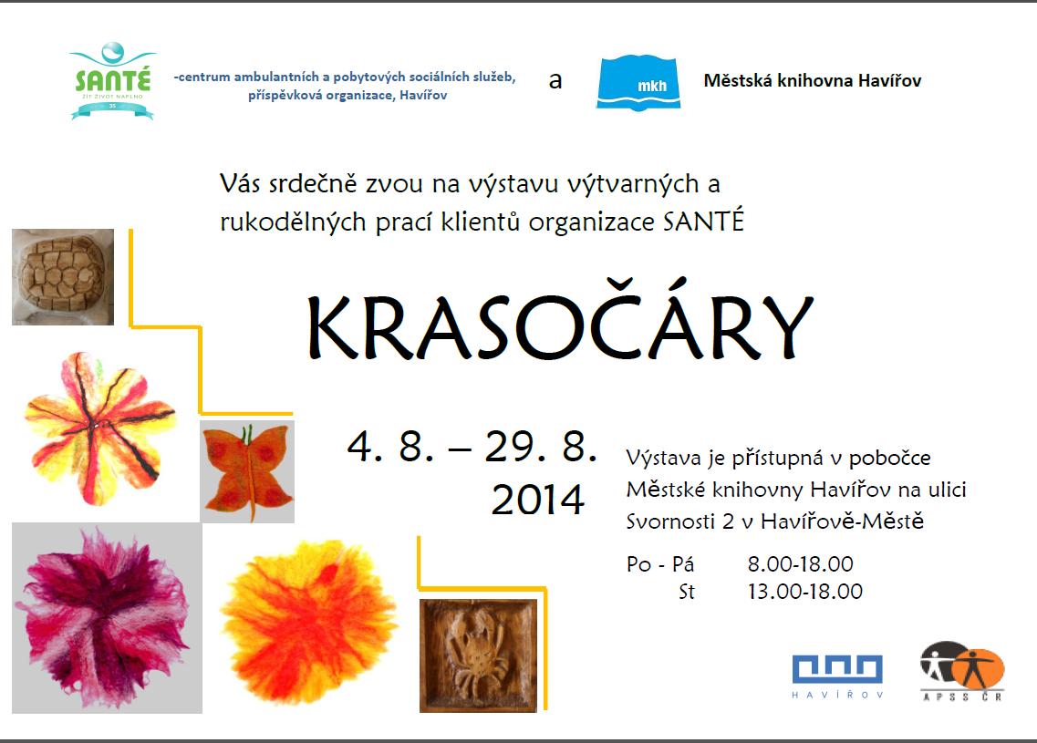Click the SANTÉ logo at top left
pos(112,80)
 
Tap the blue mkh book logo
pos(638,83)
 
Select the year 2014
pos(538,499)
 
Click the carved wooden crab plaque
pos(478,655)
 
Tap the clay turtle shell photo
pos(63,277)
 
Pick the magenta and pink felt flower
pos(107,618)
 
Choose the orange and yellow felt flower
pos(308,622)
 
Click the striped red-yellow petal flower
pos(99,428)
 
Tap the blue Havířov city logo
pos(837,676)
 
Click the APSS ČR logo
pos(962,671)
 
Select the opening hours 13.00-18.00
pos(804,591)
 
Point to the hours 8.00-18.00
pos(800,564)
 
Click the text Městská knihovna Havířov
pos(812,80)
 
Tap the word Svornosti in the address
pos(671,521)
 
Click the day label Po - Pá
pos(660,564)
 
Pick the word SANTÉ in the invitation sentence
pos(703,221)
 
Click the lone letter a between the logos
pos(555,81)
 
